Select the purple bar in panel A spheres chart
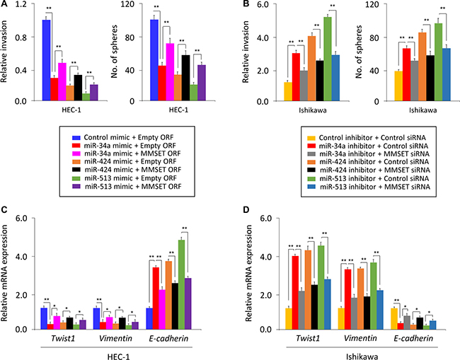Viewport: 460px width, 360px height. pos(201,83)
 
